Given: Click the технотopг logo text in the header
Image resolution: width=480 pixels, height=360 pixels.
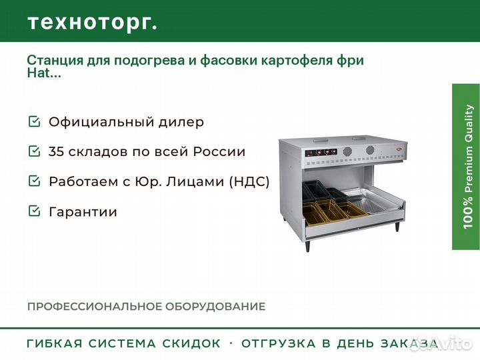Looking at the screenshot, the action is click(x=93, y=23).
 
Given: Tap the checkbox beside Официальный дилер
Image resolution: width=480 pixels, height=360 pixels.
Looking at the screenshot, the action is click(x=34, y=121).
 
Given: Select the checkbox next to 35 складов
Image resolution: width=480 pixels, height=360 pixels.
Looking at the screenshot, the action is click(x=34, y=151).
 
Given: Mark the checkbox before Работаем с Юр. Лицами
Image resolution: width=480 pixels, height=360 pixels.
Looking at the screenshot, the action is click(x=34, y=181).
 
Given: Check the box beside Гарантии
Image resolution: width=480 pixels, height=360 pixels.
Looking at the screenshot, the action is click(x=34, y=211).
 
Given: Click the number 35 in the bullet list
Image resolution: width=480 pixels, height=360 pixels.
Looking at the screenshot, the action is click(x=56, y=151).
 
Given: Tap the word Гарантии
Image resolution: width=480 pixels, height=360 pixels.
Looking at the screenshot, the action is click(x=83, y=211).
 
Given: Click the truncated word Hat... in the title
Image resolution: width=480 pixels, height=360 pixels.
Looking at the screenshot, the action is click(x=44, y=73).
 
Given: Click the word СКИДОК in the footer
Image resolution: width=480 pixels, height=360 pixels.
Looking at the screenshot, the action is click(x=191, y=343).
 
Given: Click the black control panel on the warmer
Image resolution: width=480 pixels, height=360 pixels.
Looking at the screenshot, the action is click(x=321, y=152).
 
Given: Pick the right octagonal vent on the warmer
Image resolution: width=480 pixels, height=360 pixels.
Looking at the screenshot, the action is click(x=370, y=151).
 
